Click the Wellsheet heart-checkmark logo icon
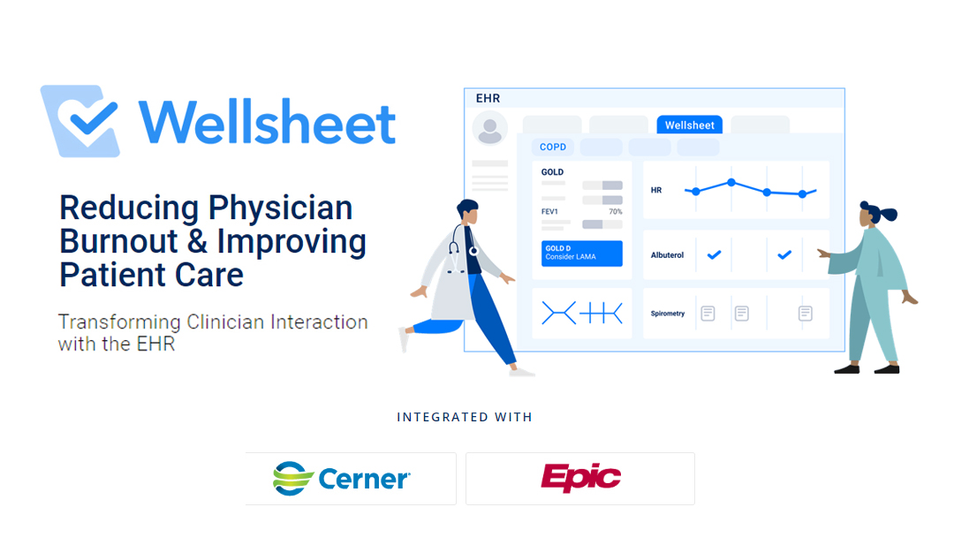(80, 121)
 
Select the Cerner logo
(342, 478)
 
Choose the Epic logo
(580, 478)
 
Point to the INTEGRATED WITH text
(465, 417)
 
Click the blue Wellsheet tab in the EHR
(690, 125)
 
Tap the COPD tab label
(554, 147)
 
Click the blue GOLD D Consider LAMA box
(582, 253)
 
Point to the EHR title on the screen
(488, 98)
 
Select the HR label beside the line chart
(656, 190)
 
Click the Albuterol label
(667, 255)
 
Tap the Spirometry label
(668, 314)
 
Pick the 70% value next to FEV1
(615, 212)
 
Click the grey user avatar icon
(490, 128)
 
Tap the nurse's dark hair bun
(889, 214)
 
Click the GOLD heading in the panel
(552, 172)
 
